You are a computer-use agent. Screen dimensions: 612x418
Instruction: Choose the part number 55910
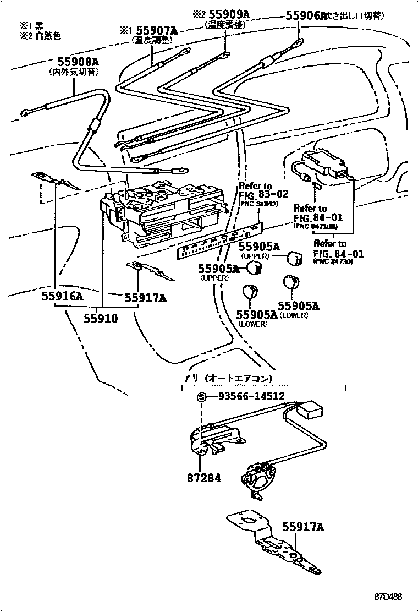(x=101, y=318)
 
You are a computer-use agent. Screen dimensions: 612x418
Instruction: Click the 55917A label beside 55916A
(x=145, y=298)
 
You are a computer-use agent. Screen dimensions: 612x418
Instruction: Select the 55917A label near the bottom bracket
(x=304, y=528)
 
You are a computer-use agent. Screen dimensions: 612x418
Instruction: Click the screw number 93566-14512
(x=251, y=396)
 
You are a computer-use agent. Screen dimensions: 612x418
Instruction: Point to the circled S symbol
(x=201, y=396)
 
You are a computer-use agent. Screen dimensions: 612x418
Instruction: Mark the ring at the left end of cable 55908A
(x=25, y=113)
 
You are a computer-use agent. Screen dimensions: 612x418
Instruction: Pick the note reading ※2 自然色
(x=40, y=36)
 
